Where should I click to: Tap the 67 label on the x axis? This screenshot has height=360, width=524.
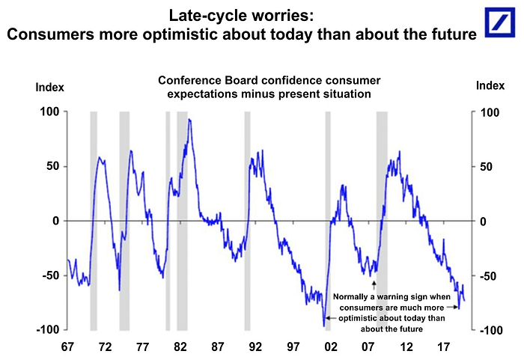click(x=67, y=348)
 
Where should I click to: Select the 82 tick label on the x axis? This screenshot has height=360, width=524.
click(x=180, y=348)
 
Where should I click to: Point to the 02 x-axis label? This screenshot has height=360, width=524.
click(x=330, y=348)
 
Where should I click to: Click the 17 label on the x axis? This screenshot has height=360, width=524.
click(x=443, y=348)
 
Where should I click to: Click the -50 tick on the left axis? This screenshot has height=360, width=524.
click(x=49, y=276)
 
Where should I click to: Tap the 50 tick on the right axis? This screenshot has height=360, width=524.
click(x=487, y=167)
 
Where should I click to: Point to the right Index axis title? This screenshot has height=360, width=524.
click(x=490, y=87)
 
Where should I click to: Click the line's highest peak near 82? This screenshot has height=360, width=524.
click(x=189, y=119)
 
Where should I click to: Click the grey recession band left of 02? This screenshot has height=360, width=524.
click(x=328, y=221)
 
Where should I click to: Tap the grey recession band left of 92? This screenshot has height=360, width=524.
click(x=247, y=221)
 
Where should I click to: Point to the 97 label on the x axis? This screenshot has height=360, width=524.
click(x=293, y=348)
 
